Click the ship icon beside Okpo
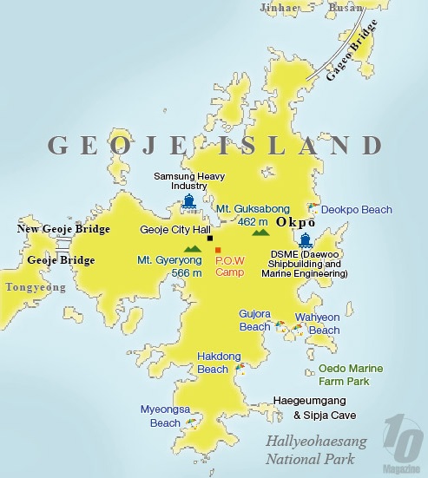[x=305, y=239]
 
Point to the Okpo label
[x=294, y=222]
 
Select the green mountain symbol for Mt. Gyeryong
[x=193, y=249]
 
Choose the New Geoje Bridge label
[x=63, y=229]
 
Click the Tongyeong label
[x=31, y=285]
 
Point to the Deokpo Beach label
[x=356, y=209]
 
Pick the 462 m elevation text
[x=254, y=221]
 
